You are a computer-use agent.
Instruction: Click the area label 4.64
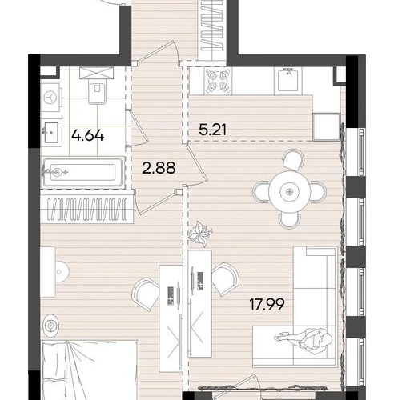click(x=87, y=136)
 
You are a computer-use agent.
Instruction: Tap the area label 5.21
click(x=213, y=130)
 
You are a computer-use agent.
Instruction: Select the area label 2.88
click(x=159, y=168)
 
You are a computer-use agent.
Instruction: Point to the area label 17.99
click(x=267, y=304)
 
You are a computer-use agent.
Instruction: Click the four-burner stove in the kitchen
click(x=219, y=81)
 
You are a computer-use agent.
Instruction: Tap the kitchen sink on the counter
click(x=288, y=80)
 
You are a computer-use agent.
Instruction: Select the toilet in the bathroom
click(x=97, y=90)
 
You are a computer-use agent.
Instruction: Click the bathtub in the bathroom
click(x=83, y=173)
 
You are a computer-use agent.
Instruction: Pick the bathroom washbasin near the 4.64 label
click(x=50, y=133)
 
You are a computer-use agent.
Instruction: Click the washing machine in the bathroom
click(x=50, y=97)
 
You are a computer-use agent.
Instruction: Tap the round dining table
click(x=290, y=191)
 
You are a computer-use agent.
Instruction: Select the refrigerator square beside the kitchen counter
click(x=326, y=126)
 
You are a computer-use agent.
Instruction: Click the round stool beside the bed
click(x=50, y=326)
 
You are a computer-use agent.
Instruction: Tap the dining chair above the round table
click(x=293, y=159)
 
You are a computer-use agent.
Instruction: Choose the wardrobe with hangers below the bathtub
click(x=87, y=210)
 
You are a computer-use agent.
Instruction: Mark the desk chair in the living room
click(x=225, y=279)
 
